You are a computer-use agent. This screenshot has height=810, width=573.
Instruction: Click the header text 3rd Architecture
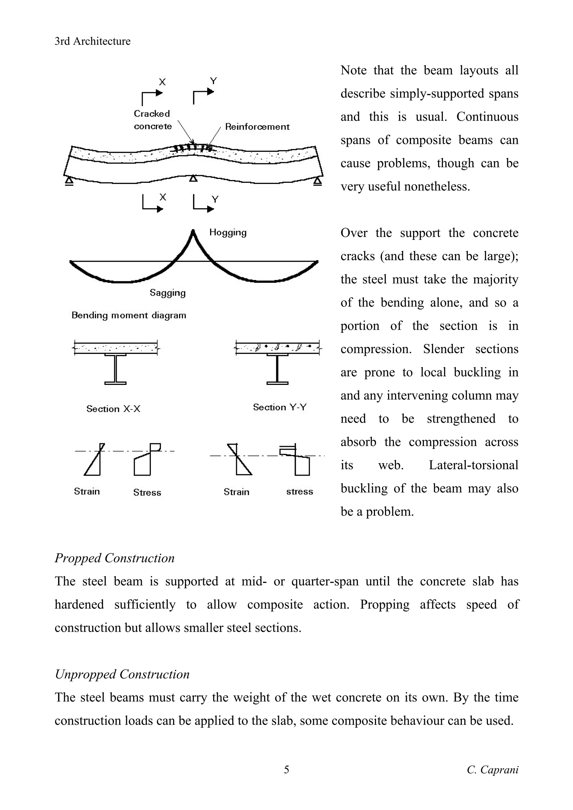93,41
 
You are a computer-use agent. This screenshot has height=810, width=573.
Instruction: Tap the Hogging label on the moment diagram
228,232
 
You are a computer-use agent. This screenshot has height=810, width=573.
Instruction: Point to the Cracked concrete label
152,120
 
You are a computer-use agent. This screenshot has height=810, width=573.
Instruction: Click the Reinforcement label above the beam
257,127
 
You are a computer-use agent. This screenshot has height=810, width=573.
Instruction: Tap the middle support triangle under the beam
193,179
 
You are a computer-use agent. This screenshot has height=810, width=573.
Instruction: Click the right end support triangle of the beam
317,181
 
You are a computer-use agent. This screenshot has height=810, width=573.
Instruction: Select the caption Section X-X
113,409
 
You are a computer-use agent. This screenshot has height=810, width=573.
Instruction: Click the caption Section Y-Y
280,407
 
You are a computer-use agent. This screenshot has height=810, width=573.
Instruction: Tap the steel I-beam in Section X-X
116,369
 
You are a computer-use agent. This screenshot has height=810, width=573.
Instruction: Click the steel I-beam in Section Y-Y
278,369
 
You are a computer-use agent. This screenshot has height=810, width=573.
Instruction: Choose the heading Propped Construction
114,558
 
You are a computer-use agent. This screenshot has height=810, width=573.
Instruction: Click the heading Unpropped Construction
122,674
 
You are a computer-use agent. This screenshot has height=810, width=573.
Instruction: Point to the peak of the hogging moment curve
193,231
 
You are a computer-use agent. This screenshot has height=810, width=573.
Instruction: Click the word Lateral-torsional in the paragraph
473,465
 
